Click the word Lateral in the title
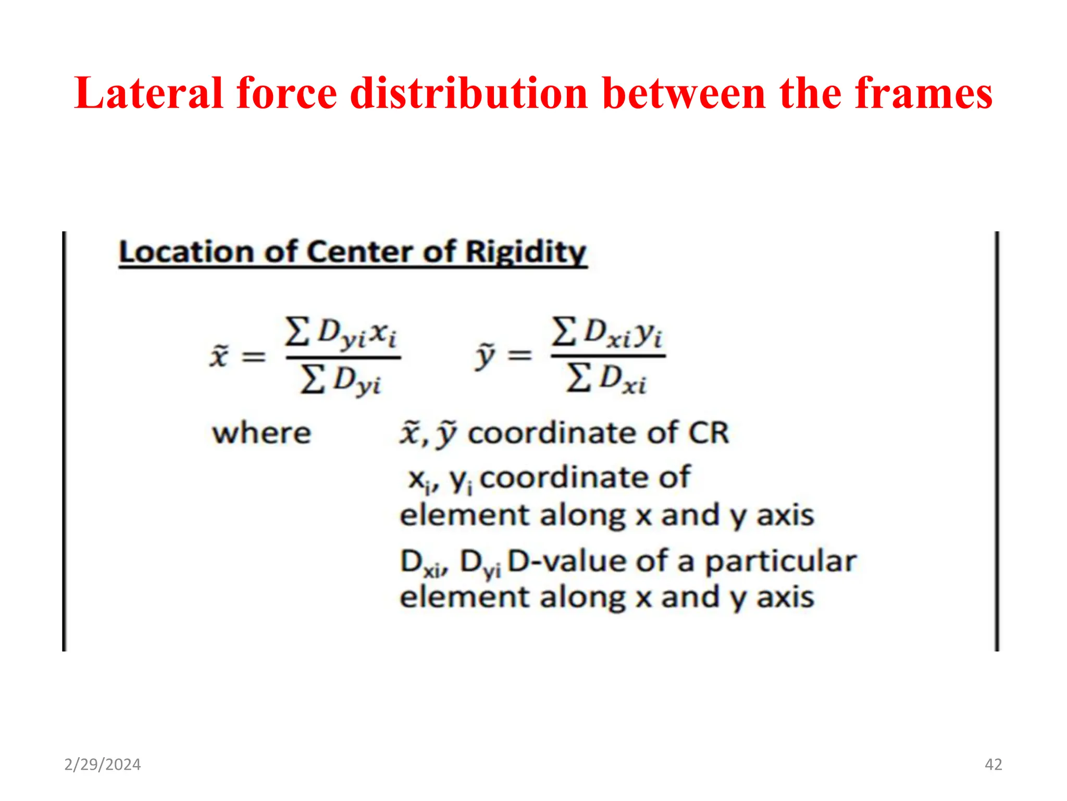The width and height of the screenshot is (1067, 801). (x=148, y=93)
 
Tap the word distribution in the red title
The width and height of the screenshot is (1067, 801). (x=469, y=93)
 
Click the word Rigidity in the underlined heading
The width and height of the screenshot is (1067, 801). (x=526, y=253)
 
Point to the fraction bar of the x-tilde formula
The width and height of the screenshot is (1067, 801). (x=343, y=357)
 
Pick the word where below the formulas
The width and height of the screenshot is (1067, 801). (x=262, y=433)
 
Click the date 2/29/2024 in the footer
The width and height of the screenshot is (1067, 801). (x=103, y=764)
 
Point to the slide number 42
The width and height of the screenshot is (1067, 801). (x=993, y=764)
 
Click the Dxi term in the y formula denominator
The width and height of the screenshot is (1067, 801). (x=623, y=379)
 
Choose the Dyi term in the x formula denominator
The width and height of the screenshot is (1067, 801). (x=357, y=381)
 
